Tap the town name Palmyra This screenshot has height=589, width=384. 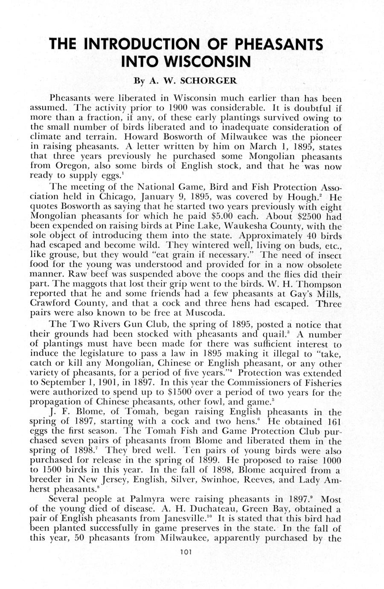[143, 499]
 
